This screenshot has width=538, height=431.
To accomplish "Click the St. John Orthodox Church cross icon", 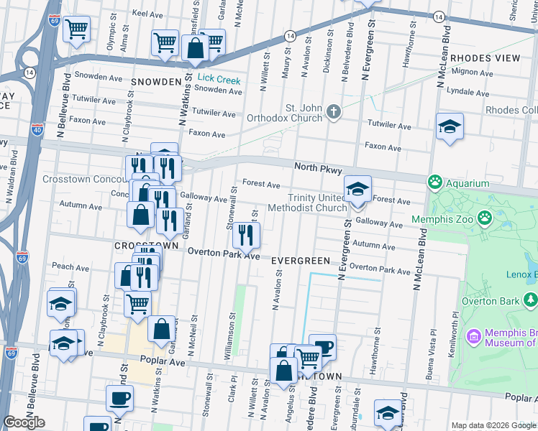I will pyautogui.click(x=332, y=111).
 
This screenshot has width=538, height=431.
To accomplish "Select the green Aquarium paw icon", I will pyautogui.click(x=434, y=182).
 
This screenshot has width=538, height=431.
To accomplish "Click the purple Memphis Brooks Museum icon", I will pyautogui.click(x=473, y=336).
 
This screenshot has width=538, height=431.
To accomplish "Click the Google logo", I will pyautogui.click(x=24, y=422).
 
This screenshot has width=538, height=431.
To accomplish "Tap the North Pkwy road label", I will pyautogui.click(x=318, y=167).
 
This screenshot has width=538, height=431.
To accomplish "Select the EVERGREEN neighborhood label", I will pyautogui.click(x=301, y=261).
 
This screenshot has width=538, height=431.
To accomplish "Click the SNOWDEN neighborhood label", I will pyautogui.click(x=156, y=82).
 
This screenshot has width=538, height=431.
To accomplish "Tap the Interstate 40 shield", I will pyautogui.click(x=38, y=130).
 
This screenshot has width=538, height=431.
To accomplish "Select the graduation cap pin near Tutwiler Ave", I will pyautogui.click(x=450, y=127).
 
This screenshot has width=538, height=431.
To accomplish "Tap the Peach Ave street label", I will pyautogui.click(x=70, y=267).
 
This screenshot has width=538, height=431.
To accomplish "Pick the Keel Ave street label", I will pyautogui.click(x=148, y=14).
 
